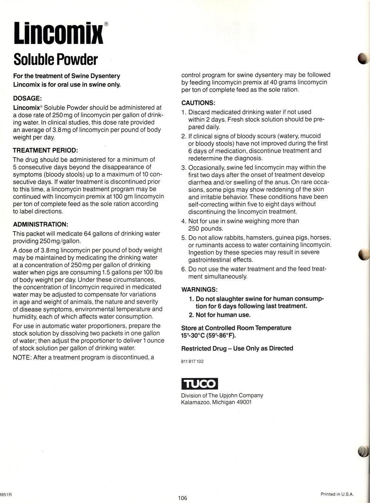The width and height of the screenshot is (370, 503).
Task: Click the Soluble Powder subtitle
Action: (x=55, y=59)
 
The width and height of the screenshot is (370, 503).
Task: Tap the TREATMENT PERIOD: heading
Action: (x=46, y=151)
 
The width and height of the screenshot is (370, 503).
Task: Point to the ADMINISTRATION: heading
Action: (x=41, y=225)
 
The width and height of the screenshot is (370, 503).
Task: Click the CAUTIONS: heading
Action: (x=198, y=102)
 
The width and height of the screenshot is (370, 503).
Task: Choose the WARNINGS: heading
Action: (x=199, y=289)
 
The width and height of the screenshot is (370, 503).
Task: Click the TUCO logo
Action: (x=199, y=384)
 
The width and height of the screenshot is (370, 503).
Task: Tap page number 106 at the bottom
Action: (x=183, y=498)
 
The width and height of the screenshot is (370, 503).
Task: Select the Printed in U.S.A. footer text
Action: (x=337, y=494)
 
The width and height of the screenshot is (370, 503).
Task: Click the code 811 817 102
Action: (x=192, y=361)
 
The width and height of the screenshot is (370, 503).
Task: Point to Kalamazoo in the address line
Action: (x=195, y=402)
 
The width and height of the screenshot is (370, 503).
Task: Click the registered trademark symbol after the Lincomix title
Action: (x=106, y=24)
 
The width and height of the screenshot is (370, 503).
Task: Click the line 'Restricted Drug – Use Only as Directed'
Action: (x=237, y=348)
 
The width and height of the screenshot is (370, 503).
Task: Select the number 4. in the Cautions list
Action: (x=184, y=221)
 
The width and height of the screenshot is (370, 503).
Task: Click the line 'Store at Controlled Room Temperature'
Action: (x=236, y=328)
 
